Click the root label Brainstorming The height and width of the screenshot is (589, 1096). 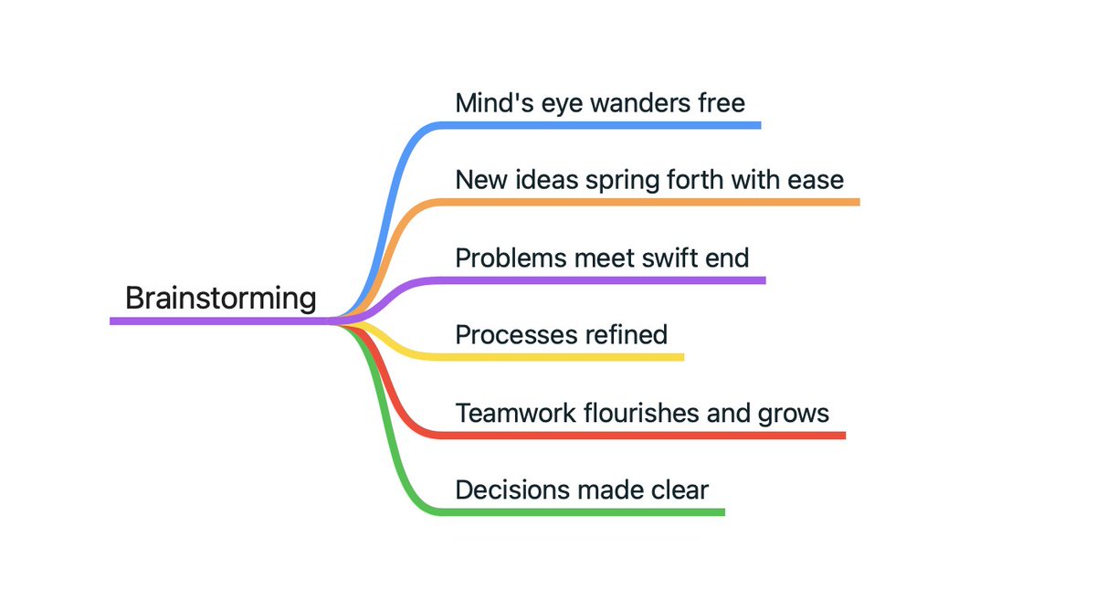click(221, 299)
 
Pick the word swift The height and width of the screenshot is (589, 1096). click(665, 258)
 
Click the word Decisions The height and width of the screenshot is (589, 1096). click(512, 490)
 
